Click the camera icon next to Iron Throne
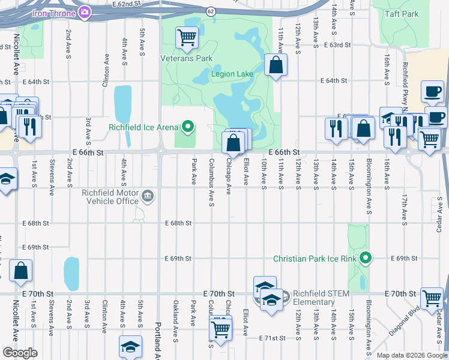point(85,11)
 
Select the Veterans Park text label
point(187,59)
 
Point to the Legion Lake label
point(232,74)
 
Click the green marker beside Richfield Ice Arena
point(188,127)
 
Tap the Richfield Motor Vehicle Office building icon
point(147,196)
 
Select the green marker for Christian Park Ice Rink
point(366,259)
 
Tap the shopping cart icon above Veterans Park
point(187,38)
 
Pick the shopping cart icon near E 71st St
point(220,328)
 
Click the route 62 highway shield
point(210,11)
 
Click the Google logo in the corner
point(20,353)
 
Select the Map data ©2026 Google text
point(412,355)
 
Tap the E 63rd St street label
point(337,45)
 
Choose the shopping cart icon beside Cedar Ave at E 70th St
point(432,298)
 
